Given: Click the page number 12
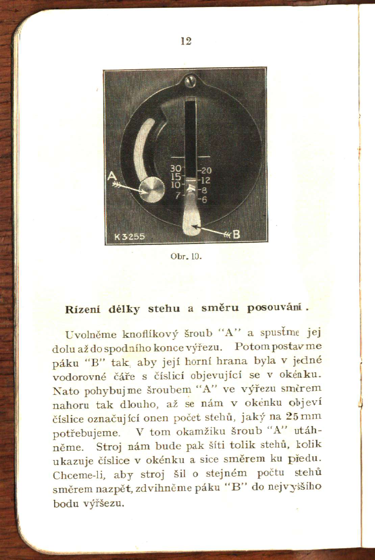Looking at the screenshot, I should tap(186, 41).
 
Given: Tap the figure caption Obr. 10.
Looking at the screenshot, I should tap(186, 256).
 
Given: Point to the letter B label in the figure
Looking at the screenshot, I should tap(236, 234).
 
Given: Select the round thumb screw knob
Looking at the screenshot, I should tap(152, 190).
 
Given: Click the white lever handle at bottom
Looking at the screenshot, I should tap(192, 216).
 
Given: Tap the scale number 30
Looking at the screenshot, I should tap(176, 168).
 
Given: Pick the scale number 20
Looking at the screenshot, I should tap(206, 171).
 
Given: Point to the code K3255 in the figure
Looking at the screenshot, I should tap(129, 237).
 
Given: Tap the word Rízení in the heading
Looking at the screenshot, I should tap(82, 309).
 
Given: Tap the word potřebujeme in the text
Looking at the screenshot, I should tap(86, 433).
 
